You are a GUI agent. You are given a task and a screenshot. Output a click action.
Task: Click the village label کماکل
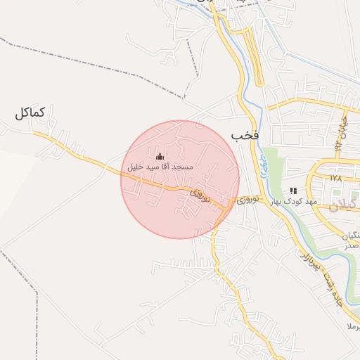[x=30, y=112]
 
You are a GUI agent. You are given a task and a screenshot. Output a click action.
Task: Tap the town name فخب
[x=245, y=134]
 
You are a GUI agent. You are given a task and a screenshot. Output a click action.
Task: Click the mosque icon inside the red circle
[x=159, y=156]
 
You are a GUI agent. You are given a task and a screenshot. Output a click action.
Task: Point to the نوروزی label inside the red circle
[x=200, y=195]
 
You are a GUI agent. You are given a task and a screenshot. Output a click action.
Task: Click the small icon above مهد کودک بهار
[x=294, y=190]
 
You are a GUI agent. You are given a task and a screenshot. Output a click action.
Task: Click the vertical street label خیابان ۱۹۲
[x=342, y=134]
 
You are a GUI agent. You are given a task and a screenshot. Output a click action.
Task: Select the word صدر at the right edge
[x=352, y=245]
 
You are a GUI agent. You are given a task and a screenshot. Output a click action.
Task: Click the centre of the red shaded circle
[x=180, y=179]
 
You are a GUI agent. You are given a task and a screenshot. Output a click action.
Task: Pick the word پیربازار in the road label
[x=308, y=259]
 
